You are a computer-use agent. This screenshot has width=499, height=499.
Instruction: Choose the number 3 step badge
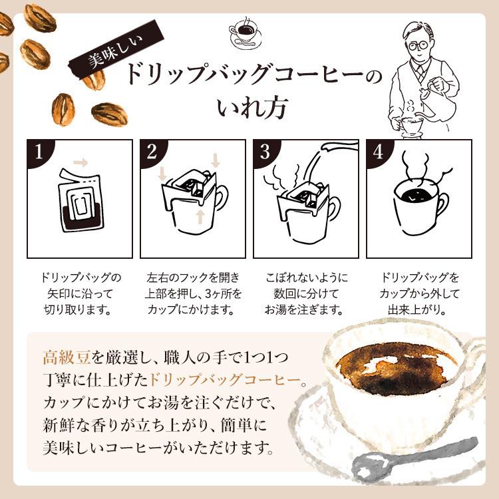pyautogui.click(x=265, y=152)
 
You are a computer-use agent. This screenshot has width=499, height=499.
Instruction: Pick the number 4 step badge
pyautogui.click(x=379, y=152)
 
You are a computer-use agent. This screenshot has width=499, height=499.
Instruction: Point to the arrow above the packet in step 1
pyautogui.click(x=81, y=162)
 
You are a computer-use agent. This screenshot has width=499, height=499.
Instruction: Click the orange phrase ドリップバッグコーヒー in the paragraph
pyautogui.click(x=225, y=381)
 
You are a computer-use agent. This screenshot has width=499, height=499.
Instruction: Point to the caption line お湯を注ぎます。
pyautogui.click(x=303, y=310)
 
